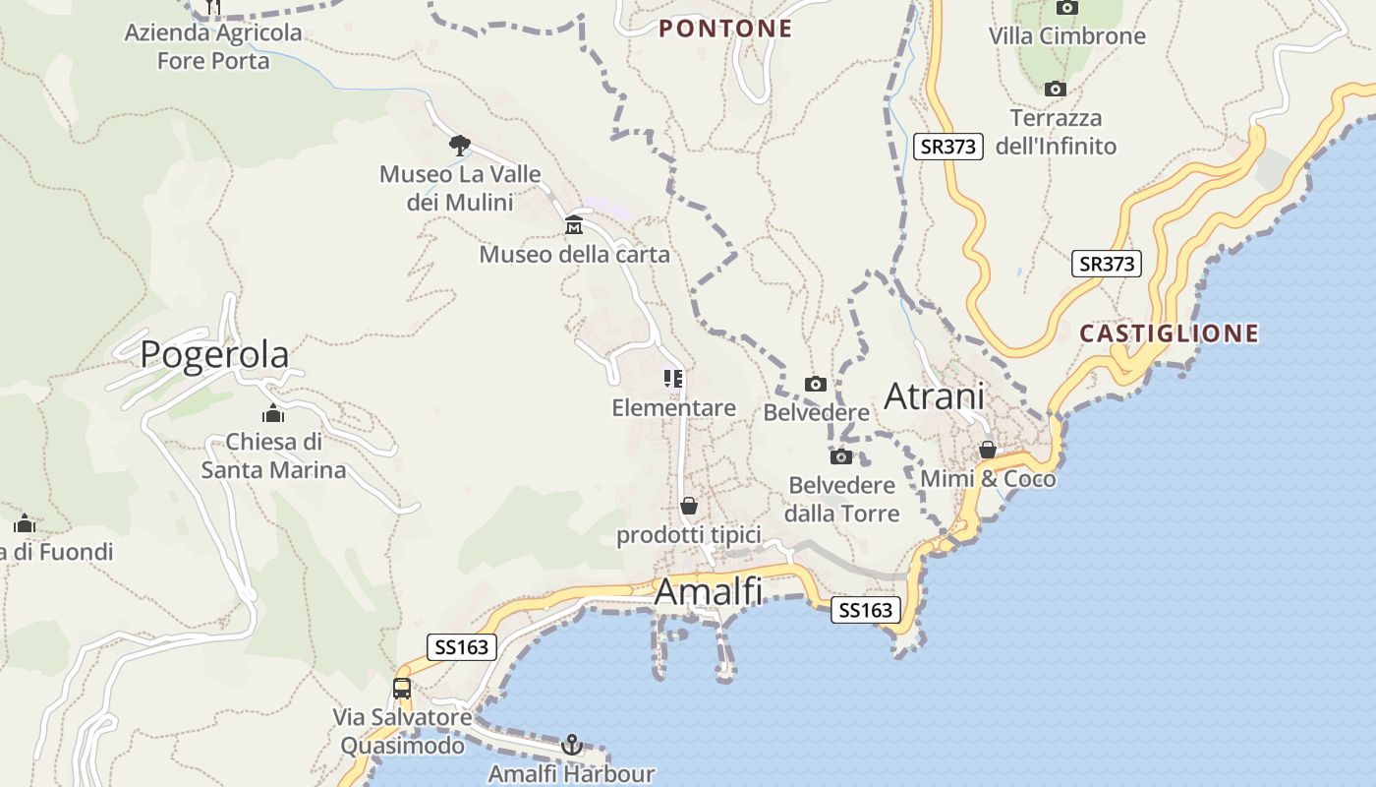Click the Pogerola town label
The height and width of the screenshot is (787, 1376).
(x=214, y=354)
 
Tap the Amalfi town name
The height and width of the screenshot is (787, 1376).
(x=708, y=591)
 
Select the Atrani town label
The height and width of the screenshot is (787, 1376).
(x=934, y=395)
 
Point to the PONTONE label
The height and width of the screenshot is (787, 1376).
(x=725, y=29)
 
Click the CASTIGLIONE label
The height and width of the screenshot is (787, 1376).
(x=1169, y=333)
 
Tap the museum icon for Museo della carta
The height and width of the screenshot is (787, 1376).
(x=574, y=225)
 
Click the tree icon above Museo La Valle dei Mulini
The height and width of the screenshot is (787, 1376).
(x=459, y=146)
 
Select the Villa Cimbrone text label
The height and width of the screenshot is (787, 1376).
(x=1066, y=36)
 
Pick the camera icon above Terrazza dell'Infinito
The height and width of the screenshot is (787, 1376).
(x=1056, y=90)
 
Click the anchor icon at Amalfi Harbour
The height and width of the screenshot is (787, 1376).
(x=571, y=745)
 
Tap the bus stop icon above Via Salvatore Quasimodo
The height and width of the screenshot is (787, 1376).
(x=402, y=688)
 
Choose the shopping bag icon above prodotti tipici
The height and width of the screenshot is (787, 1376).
(x=689, y=506)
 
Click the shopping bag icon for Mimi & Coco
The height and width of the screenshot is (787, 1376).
(x=988, y=450)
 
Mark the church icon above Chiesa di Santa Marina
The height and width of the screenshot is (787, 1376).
(x=273, y=413)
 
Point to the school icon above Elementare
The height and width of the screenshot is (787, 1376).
(x=673, y=379)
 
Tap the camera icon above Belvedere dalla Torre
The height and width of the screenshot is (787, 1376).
(x=841, y=456)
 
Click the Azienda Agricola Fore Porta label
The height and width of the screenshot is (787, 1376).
(x=213, y=47)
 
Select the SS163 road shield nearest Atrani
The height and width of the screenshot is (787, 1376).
(x=865, y=610)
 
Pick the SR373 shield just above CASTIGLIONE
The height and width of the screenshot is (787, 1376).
(x=1107, y=264)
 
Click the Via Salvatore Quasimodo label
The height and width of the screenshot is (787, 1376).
(x=402, y=731)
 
